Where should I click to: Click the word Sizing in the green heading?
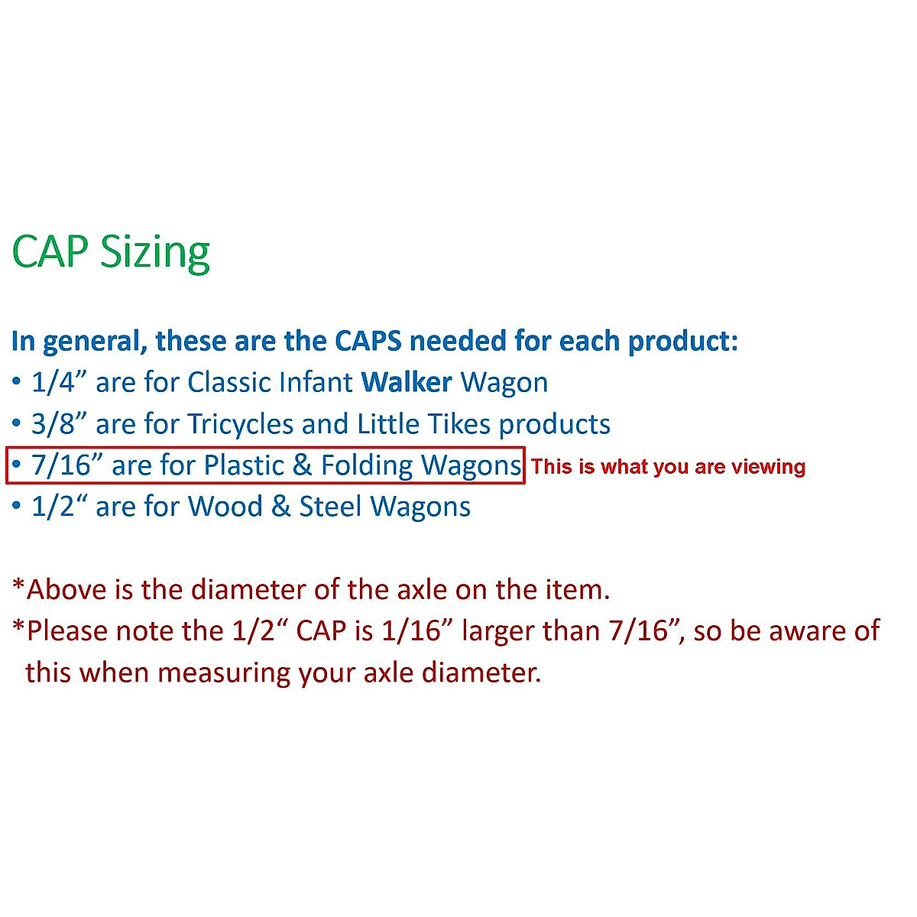click(154, 253)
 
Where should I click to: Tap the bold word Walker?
click(407, 382)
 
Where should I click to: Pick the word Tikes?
click(458, 423)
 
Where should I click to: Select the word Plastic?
click(244, 465)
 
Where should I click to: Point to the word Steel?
click(330, 507)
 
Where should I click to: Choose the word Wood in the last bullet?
click(225, 507)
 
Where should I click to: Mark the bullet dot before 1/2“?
click(17, 505)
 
